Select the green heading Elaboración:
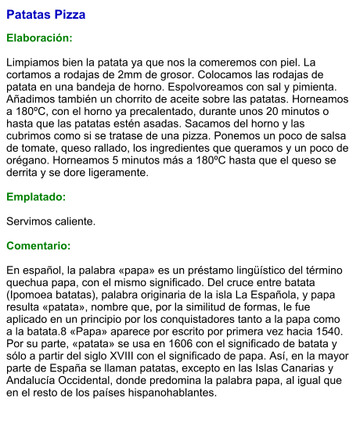tap(39, 38)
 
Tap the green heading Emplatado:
tap(36, 197)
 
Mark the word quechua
tap(32, 282)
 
